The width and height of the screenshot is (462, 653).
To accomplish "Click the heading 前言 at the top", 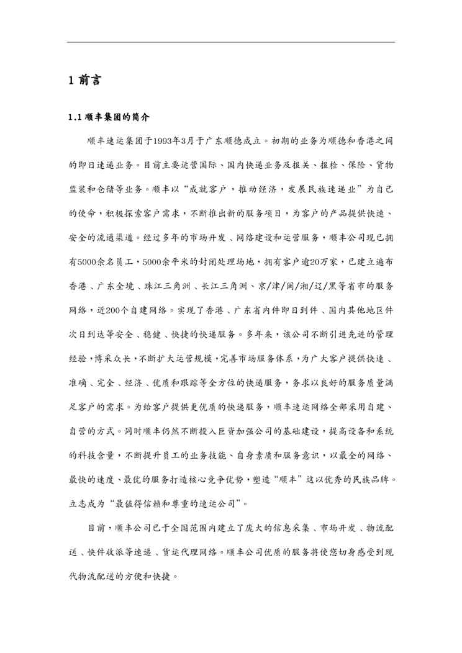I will pyautogui.click(x=89, y=81).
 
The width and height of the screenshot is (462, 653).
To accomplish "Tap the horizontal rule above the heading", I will pyautogui.click(x=231, y=42).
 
